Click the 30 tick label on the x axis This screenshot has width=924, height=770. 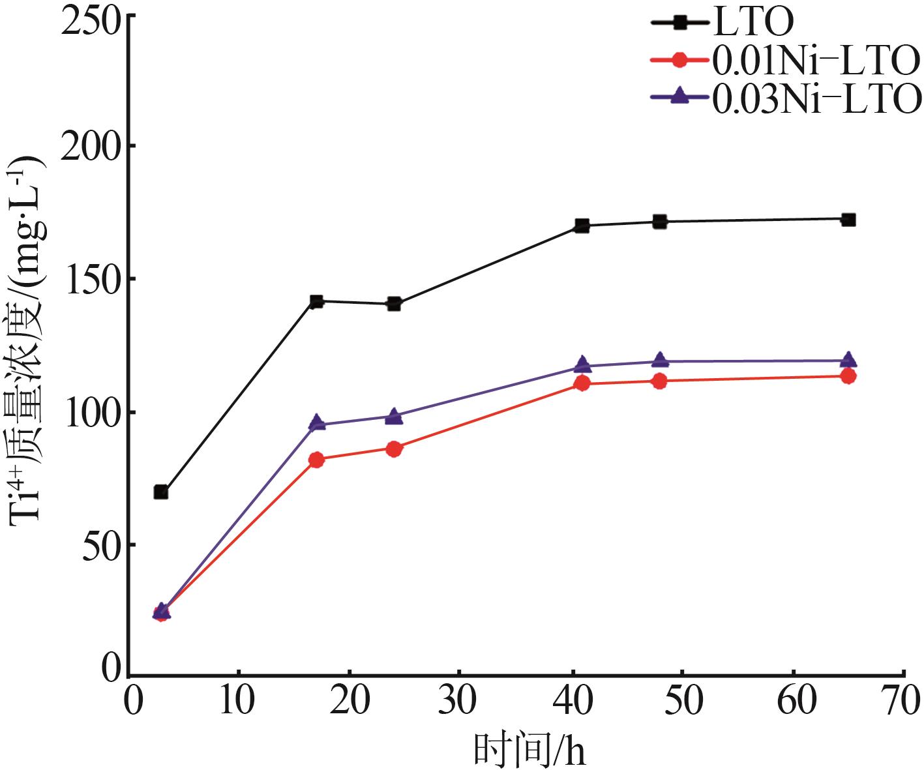click(458, 702)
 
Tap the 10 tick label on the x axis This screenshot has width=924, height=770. click(237, 702)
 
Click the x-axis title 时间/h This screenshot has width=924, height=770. click(529, 750)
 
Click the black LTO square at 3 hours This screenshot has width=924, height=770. click(161, 492)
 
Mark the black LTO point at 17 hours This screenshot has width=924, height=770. click(317, 301)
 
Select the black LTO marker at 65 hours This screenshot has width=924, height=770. click(848, 220)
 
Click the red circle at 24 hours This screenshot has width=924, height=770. click(394, 449)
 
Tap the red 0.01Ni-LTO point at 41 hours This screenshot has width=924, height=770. click(582, 383)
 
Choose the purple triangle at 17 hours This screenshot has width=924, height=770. click(317, 423)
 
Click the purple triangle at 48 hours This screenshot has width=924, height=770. click(660, 360)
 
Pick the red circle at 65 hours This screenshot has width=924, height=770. click(848, 376)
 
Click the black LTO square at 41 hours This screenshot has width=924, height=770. click(582, 226)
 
